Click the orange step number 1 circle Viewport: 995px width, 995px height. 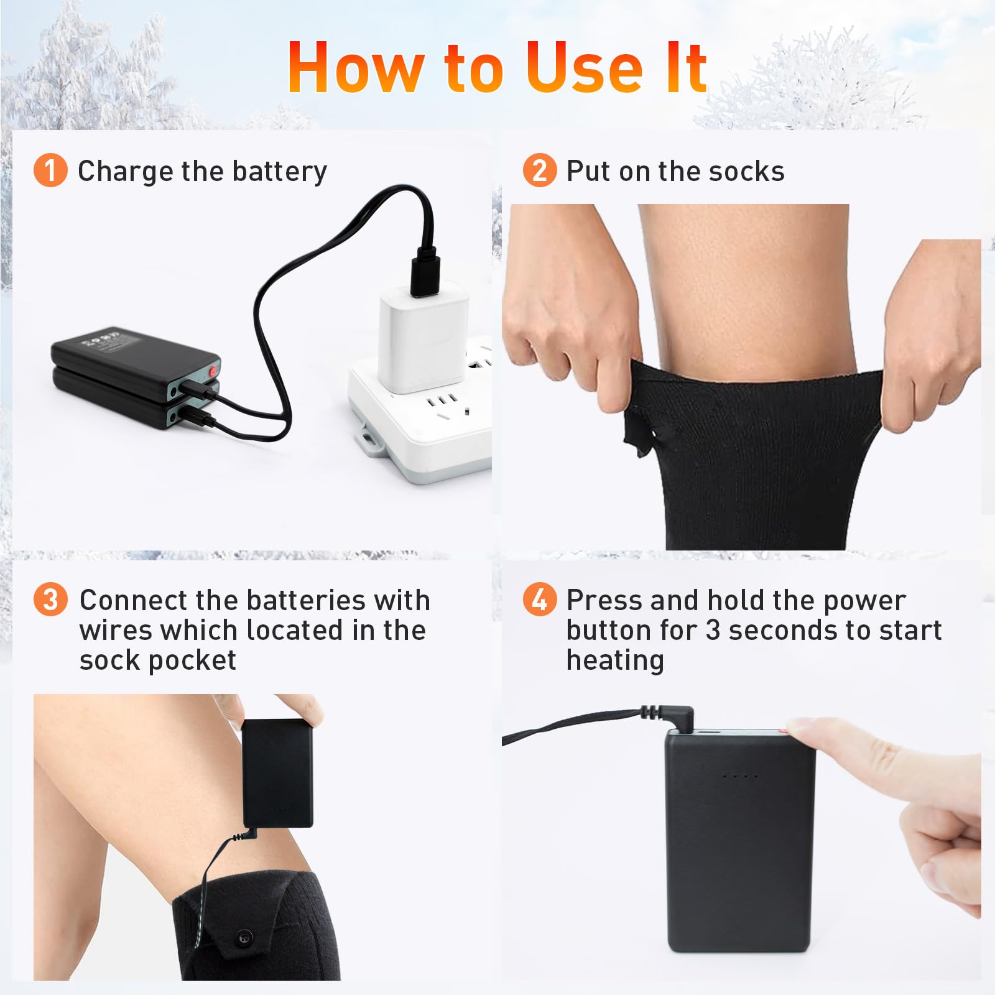(50, 170)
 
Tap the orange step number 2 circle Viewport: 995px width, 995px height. (540, 170)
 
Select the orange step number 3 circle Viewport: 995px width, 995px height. (50, 599)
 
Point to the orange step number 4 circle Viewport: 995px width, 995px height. (540, 599)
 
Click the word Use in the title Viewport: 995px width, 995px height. (584, 68)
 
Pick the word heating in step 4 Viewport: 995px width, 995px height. (615, 661)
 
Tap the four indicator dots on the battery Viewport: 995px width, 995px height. (739, 777)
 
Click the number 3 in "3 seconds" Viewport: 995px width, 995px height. (713, 631)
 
